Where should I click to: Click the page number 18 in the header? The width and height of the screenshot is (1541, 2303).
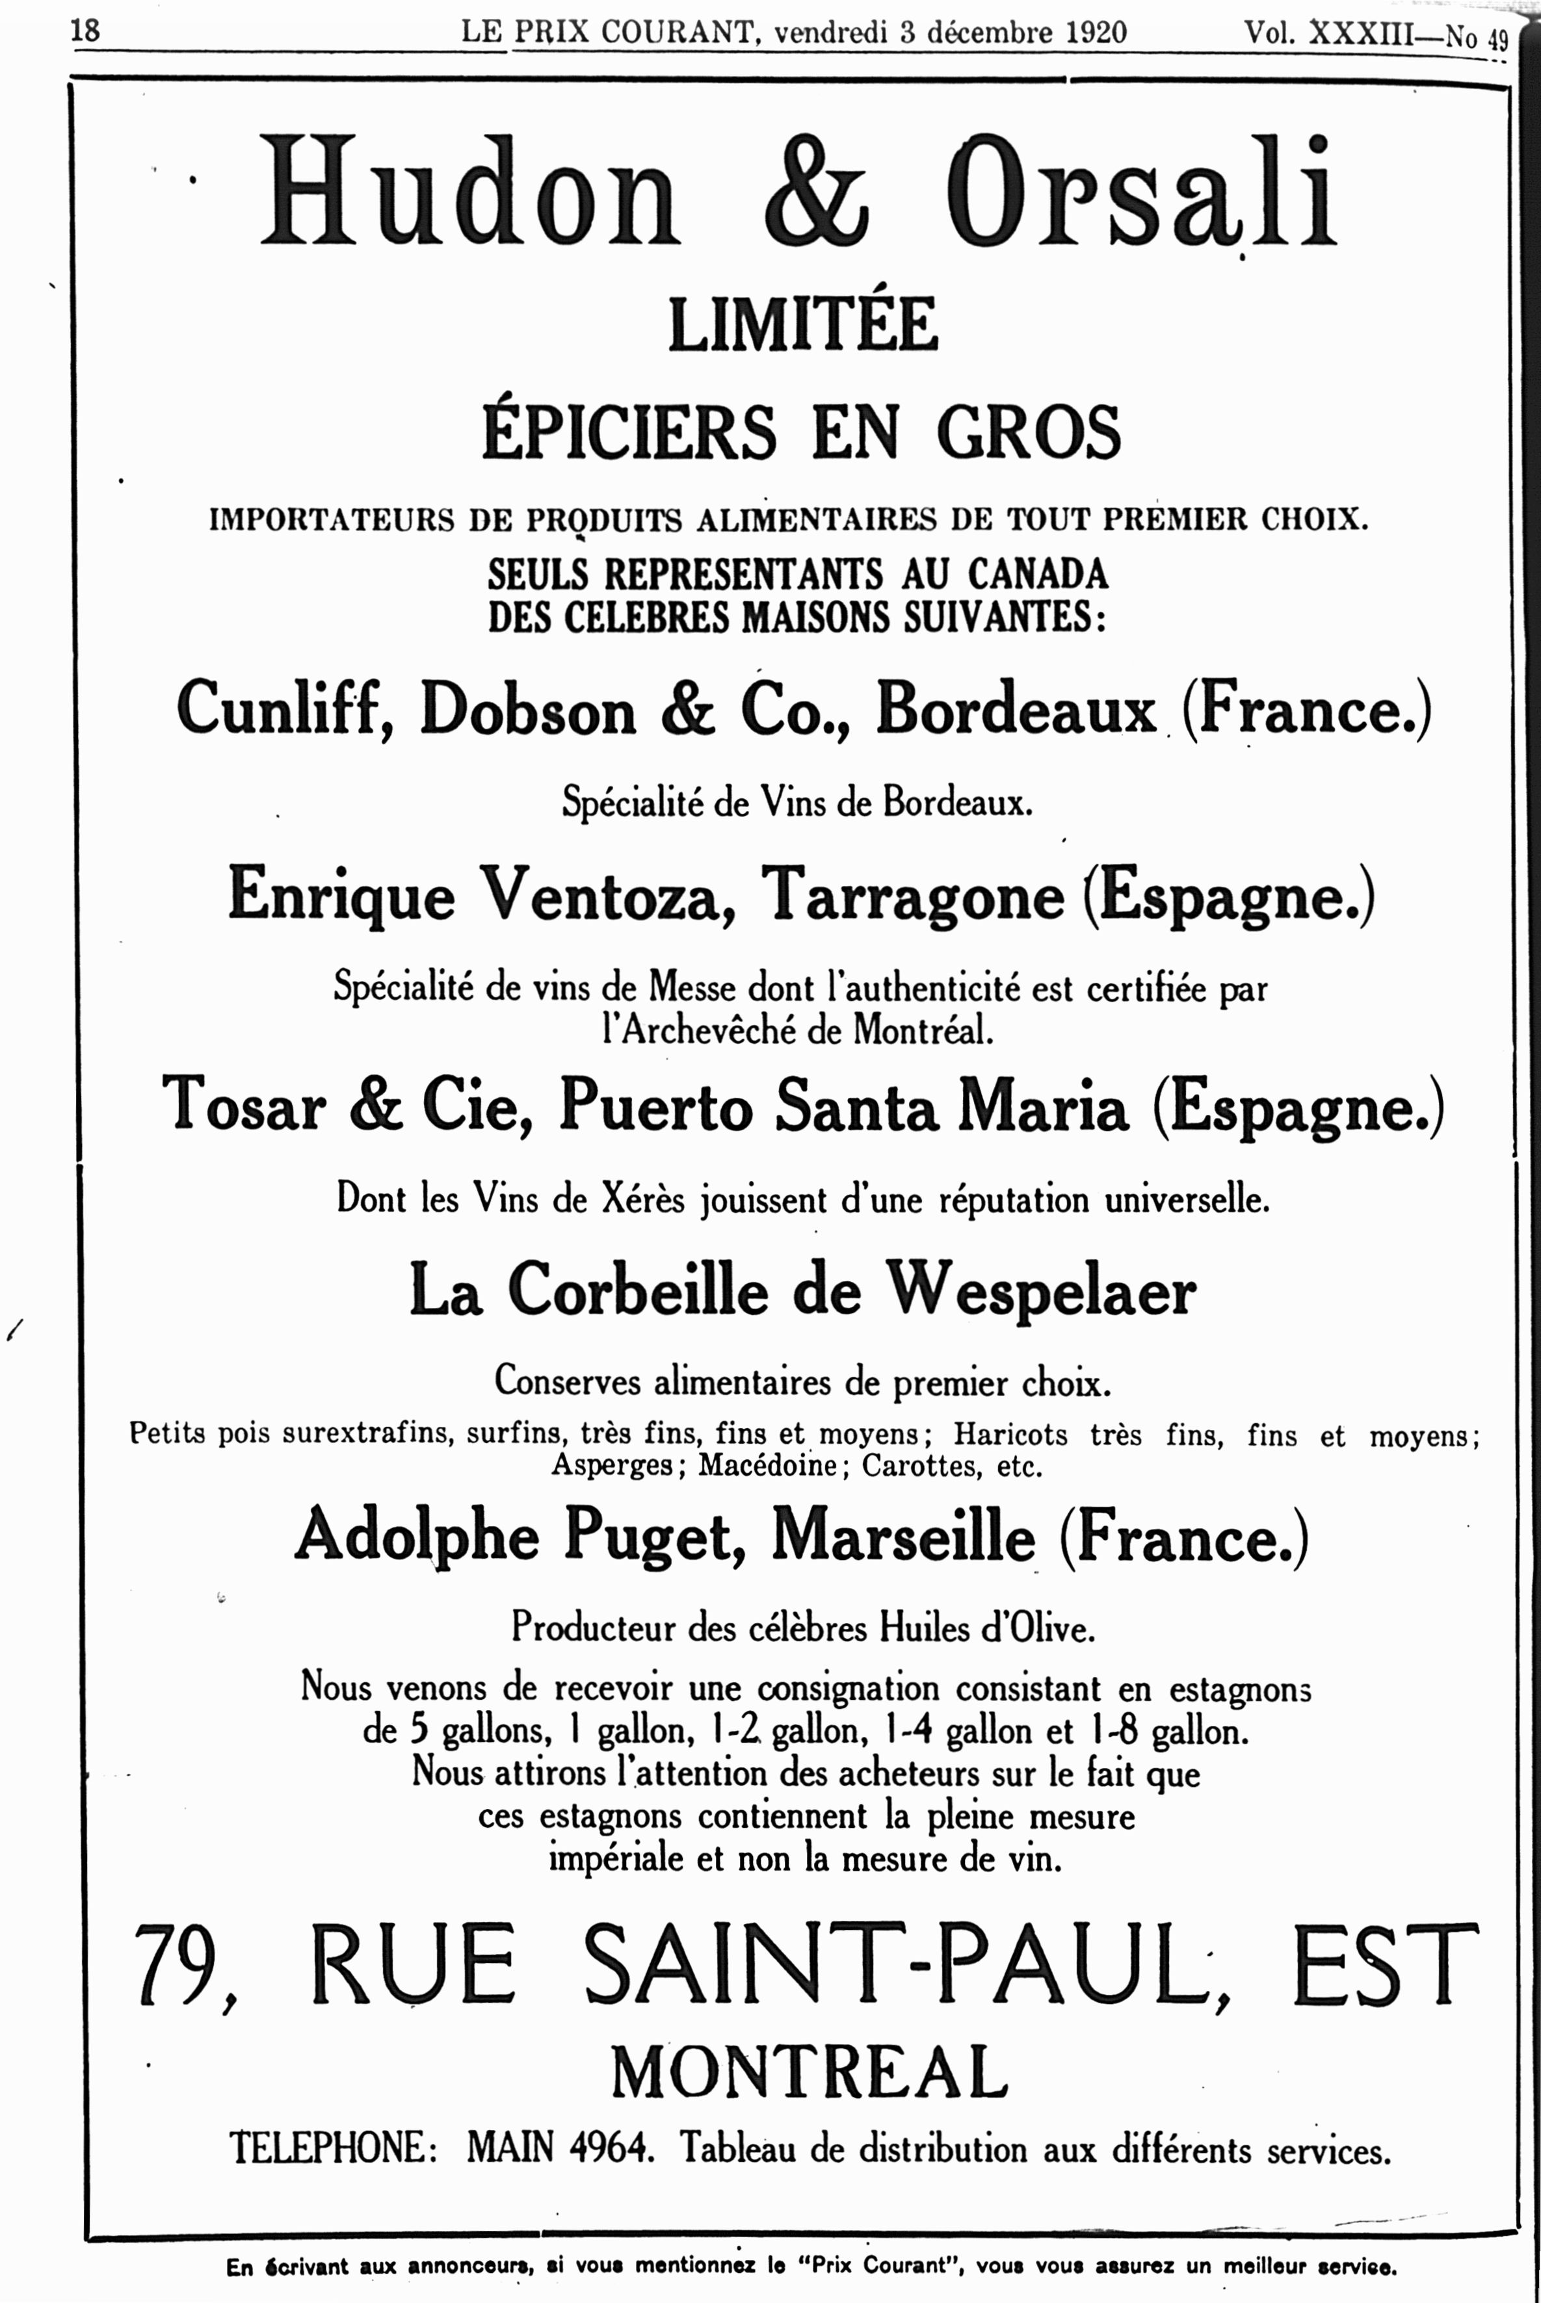click(x=85, y=31)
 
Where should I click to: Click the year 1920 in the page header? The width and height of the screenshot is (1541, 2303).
click(x=1096, y=33)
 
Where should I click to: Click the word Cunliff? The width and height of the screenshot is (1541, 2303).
click(x=285, y=709)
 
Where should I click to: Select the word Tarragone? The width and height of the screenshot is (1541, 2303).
click(x=913, y=896)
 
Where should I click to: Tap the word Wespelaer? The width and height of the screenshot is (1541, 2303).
click(x=1042, y=1290)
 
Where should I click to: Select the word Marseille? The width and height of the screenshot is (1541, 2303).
click(x=903, y=1536)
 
